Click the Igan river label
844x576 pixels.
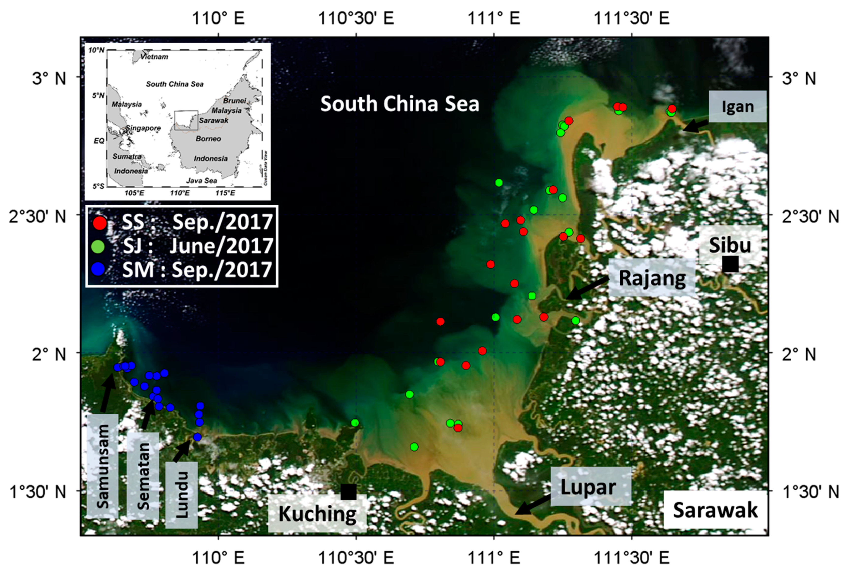[738, 107]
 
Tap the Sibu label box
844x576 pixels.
[730, 245]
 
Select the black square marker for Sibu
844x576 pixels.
[730, 264]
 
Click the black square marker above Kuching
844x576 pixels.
[348, 492]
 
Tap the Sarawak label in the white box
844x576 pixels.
[715, 510]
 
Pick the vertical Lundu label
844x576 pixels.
[181, 495]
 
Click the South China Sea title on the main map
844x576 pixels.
[399, 104]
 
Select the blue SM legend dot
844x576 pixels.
[98, 269]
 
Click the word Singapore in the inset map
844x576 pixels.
[143, 128]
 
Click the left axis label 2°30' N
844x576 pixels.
[38, 217]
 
